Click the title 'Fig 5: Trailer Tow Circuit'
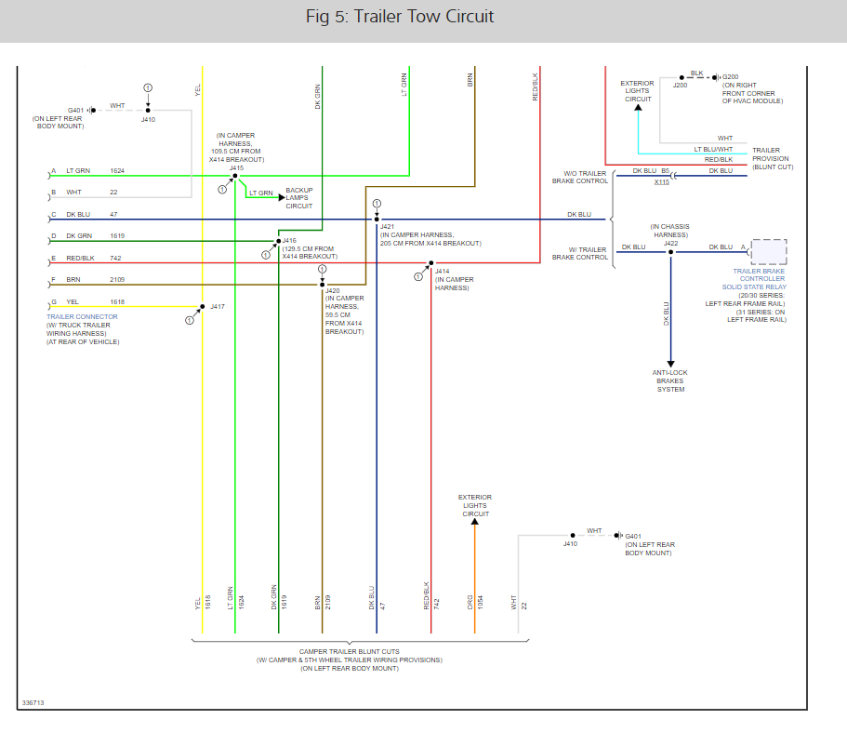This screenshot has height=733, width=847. (400, 17)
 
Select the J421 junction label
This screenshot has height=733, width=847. (387, 227)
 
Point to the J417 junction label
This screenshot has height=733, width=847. (218, 306)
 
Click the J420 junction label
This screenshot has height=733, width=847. (333, 291)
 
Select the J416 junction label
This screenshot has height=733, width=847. (289, 240)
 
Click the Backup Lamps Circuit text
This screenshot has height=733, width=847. (299, 197)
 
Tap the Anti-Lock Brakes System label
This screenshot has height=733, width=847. (670, 380)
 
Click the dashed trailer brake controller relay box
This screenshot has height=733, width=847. (768, 253)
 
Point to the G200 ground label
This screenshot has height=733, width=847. (731, 76)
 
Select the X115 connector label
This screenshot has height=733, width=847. (661, 181)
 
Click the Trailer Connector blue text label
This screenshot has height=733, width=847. (82, 317)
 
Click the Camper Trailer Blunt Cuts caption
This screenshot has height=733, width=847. (350, 651)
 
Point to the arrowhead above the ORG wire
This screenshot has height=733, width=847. (474, 524)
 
